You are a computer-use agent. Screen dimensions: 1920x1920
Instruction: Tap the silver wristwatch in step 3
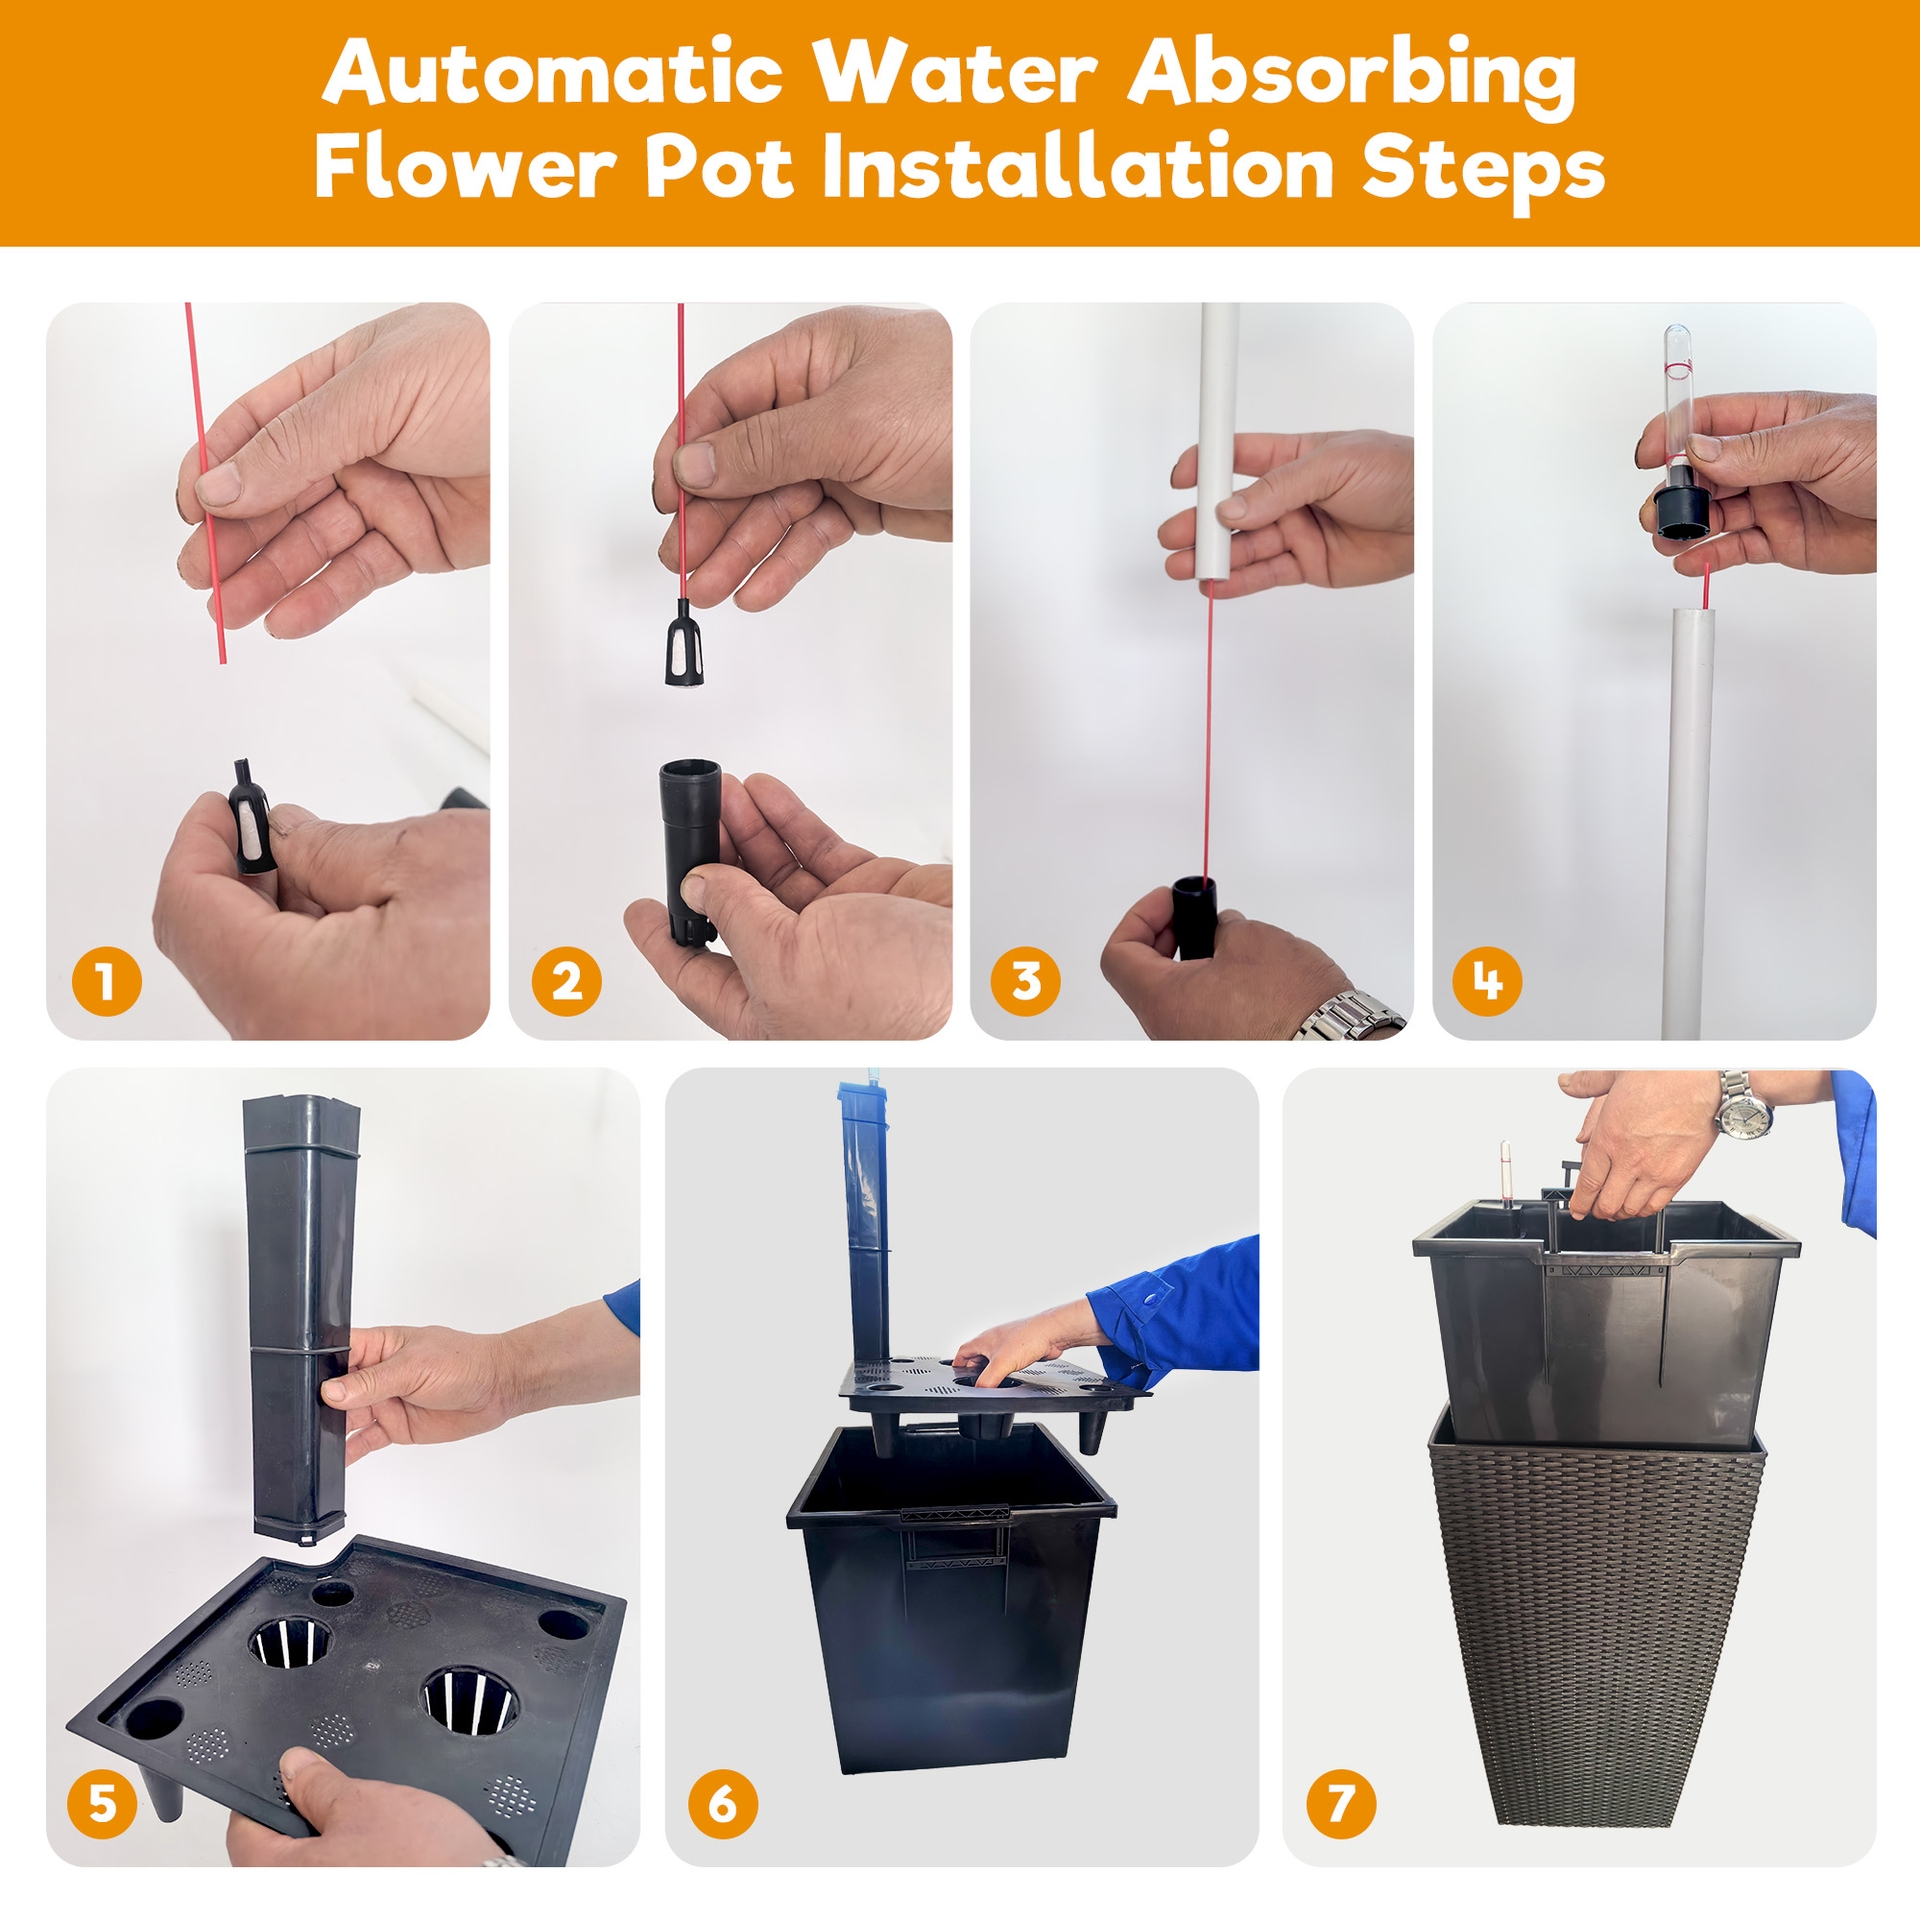[1350, 1015]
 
